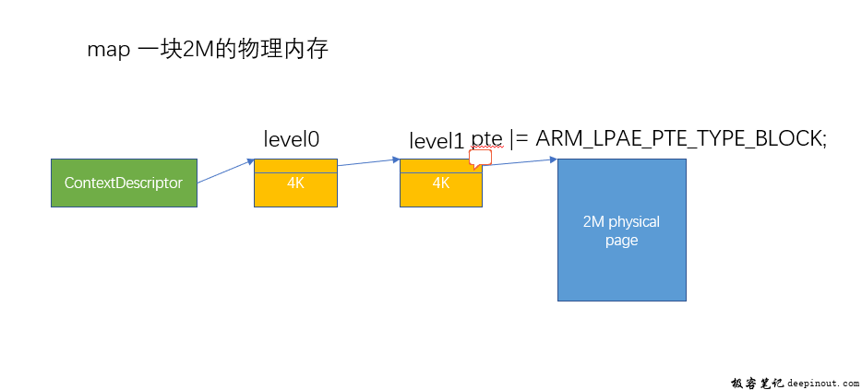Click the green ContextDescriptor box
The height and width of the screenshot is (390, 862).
tap(124, 183)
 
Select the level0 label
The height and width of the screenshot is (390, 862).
tap(292, 139)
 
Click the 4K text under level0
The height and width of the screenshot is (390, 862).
tap(295, 183)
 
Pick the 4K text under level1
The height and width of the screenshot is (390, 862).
tap(441, 183)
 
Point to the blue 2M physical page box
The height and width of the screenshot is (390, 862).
tap(622, 230)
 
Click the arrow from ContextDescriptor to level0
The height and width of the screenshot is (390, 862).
tap(225, 171)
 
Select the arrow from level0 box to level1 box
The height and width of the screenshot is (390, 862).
tap(368, 162)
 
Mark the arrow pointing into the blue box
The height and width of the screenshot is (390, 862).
tap(520, 162)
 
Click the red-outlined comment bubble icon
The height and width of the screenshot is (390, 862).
tap(480, 159)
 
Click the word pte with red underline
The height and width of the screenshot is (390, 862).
tap(486, 142)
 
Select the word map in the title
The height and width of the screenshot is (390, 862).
tap(109, 51)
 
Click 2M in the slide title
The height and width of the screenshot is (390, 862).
tap(192, 50)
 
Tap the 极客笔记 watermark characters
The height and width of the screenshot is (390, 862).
tap(758, 382)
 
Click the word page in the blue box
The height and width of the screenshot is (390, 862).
tap(621, 242)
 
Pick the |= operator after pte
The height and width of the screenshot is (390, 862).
tap(519, 140)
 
